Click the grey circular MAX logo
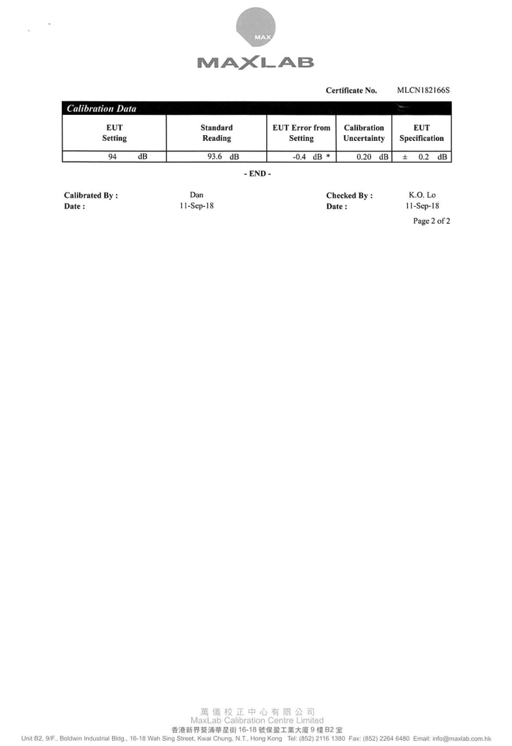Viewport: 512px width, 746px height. point(256,27)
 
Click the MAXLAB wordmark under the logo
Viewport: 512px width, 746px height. point(256,62)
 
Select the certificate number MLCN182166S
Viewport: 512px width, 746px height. point(423,90)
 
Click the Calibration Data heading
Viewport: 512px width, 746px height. point(101,108)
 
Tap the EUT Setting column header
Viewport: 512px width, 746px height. point(114,132)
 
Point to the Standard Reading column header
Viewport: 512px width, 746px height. point(217,132)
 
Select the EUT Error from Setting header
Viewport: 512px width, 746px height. point(301,132)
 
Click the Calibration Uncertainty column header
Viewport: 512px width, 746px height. point(364,132)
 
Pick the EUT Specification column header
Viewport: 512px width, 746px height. point(422,132)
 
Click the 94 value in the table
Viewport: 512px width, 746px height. point(112,157)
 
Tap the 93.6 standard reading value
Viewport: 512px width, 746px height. point(215,157)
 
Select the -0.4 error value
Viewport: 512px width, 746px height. point(299,157)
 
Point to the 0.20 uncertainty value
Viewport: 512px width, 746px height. point(364,157)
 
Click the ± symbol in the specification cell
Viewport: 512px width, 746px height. point(405,157)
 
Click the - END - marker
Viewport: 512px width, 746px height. point(258,174)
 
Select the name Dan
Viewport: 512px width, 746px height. point(196,194)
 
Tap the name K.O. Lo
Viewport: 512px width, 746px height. point(422,194)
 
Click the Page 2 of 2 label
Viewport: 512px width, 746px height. point(432,221)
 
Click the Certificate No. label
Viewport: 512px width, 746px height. point(352,91)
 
